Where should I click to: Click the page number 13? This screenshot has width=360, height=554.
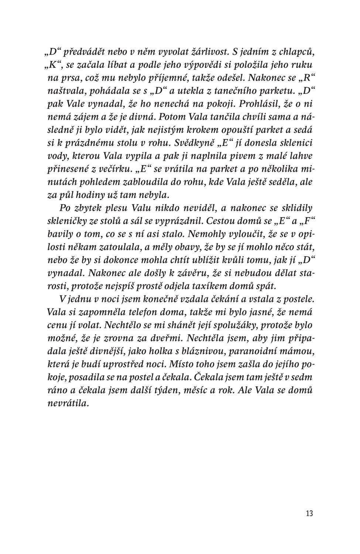click(309, 513)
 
